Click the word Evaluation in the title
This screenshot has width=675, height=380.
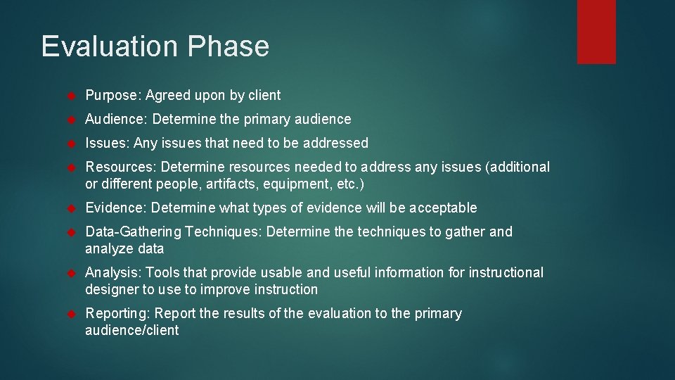(110, 46)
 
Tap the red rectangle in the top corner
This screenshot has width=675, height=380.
(596, 32)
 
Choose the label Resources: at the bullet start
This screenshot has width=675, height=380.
(121, 167)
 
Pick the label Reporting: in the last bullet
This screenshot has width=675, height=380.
(117, 314)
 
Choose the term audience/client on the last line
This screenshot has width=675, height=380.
(132, 331)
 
